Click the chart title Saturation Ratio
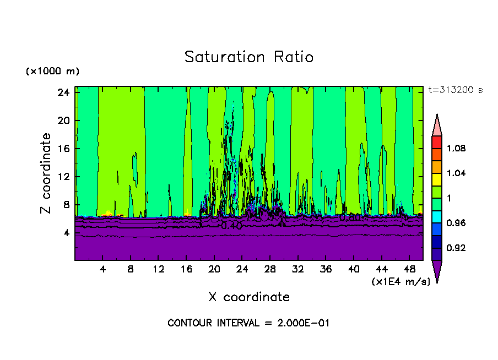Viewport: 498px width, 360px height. coord(249,57)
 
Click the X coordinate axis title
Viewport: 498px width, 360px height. coord(249,297)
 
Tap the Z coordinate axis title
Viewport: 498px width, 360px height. coord(47,173)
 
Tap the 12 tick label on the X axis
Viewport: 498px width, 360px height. coord(158,270)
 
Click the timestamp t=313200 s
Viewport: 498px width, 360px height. coord(455,90)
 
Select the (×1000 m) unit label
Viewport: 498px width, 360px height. coord(52,72)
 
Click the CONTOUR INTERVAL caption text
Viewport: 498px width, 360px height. coord(248,323)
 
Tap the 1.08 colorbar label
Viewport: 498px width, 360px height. coord(456,149)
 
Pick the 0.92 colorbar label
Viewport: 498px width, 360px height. coord(456,248)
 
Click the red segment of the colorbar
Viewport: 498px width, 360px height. coord(437,142)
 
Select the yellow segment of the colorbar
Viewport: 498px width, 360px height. coord(437,179)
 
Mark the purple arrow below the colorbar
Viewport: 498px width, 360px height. coord(437,270)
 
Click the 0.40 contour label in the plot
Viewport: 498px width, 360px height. coord(231,226)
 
